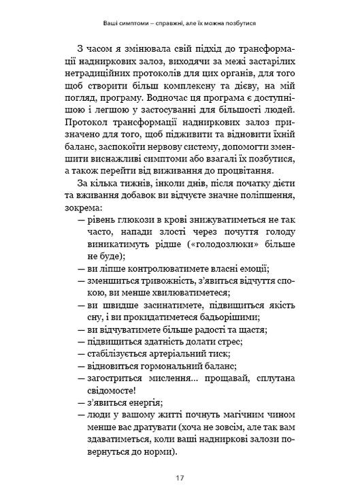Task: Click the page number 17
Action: [x=180, y=477]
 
